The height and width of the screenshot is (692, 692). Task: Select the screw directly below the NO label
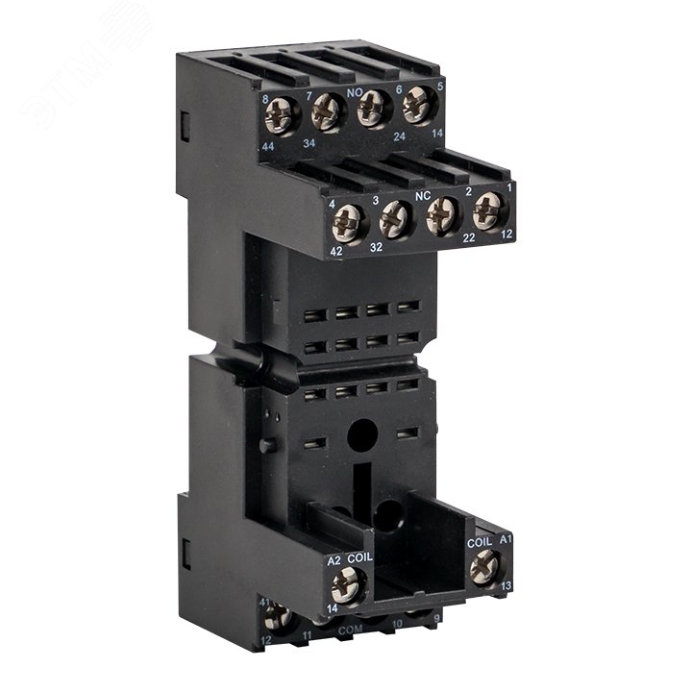point(373,108)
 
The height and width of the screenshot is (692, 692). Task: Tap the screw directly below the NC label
point(442,212)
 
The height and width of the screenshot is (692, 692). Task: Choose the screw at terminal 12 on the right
point(489,206)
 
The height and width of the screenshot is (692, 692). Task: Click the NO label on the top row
point(366,83)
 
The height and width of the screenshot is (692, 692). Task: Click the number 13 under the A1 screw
point(505,582)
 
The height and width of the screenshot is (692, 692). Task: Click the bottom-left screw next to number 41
point(280,616)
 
